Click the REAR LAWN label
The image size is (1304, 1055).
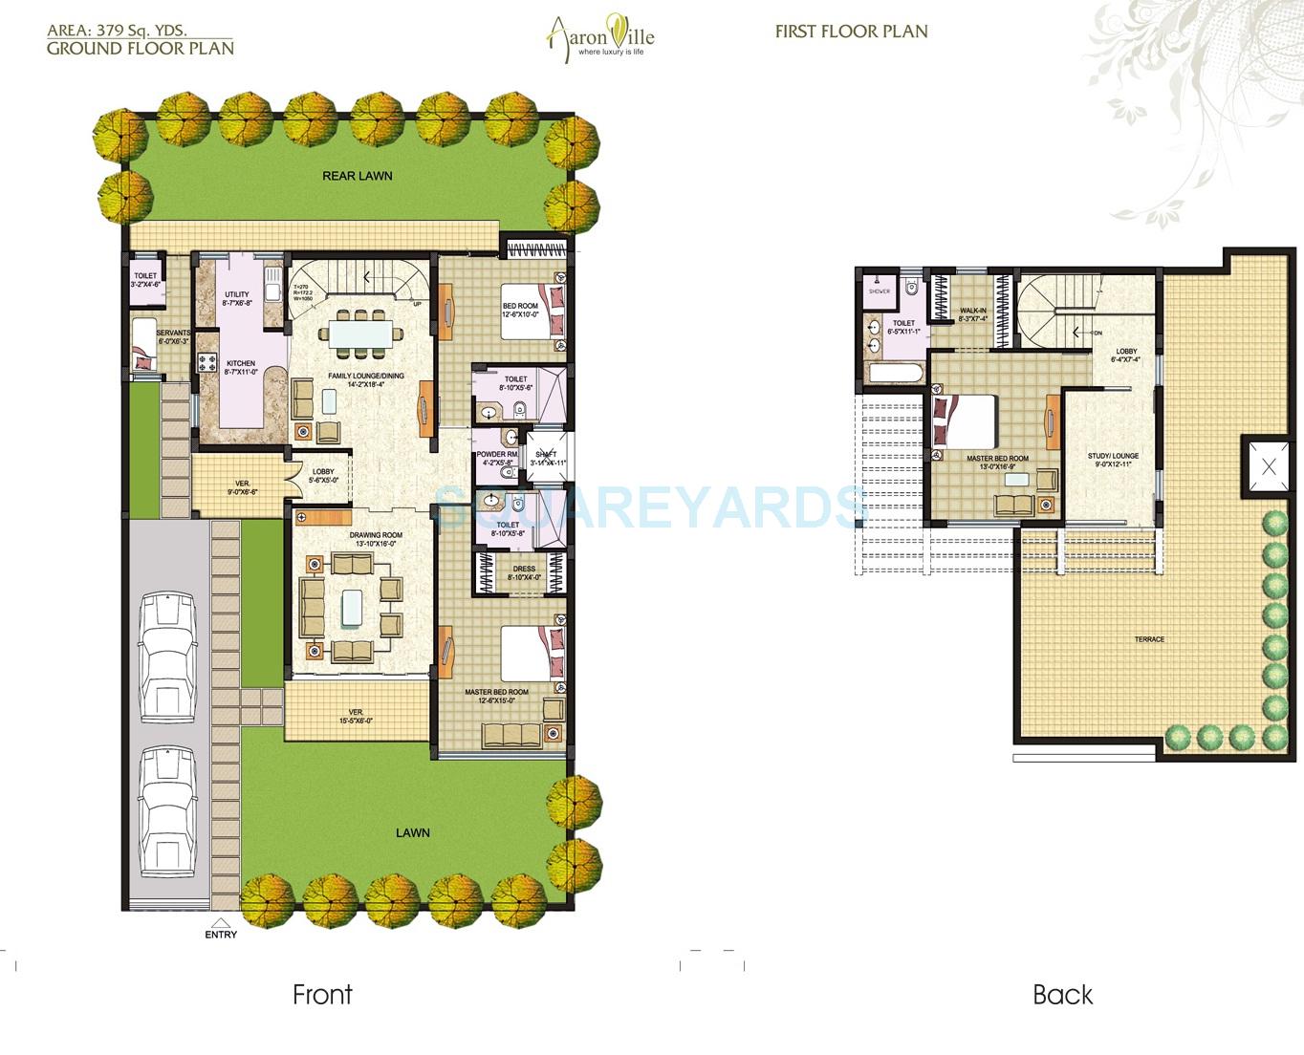tap(357, 176)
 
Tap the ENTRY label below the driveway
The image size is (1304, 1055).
tap(221, 934)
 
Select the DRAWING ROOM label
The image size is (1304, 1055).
tap(375, 535)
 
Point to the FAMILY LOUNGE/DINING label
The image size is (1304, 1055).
tap(366, 376)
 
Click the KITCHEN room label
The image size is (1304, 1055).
tap(240, 363)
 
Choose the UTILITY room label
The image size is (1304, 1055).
tap(236, 294)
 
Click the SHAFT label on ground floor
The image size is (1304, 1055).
tap(547, 455)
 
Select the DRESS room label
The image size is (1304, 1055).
tap(523, 569)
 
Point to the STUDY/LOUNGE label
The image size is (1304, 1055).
tap(1113, 456)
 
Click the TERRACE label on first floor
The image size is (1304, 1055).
tap(1149, 639)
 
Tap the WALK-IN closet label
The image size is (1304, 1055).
tap(973, 311)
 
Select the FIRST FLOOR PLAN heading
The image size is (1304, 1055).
tap(851, 31)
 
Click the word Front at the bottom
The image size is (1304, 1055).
tap(322, 995)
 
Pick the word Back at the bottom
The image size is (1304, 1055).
tap(1062, 995)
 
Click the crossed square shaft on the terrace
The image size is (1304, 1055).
tap(1268, 467)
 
